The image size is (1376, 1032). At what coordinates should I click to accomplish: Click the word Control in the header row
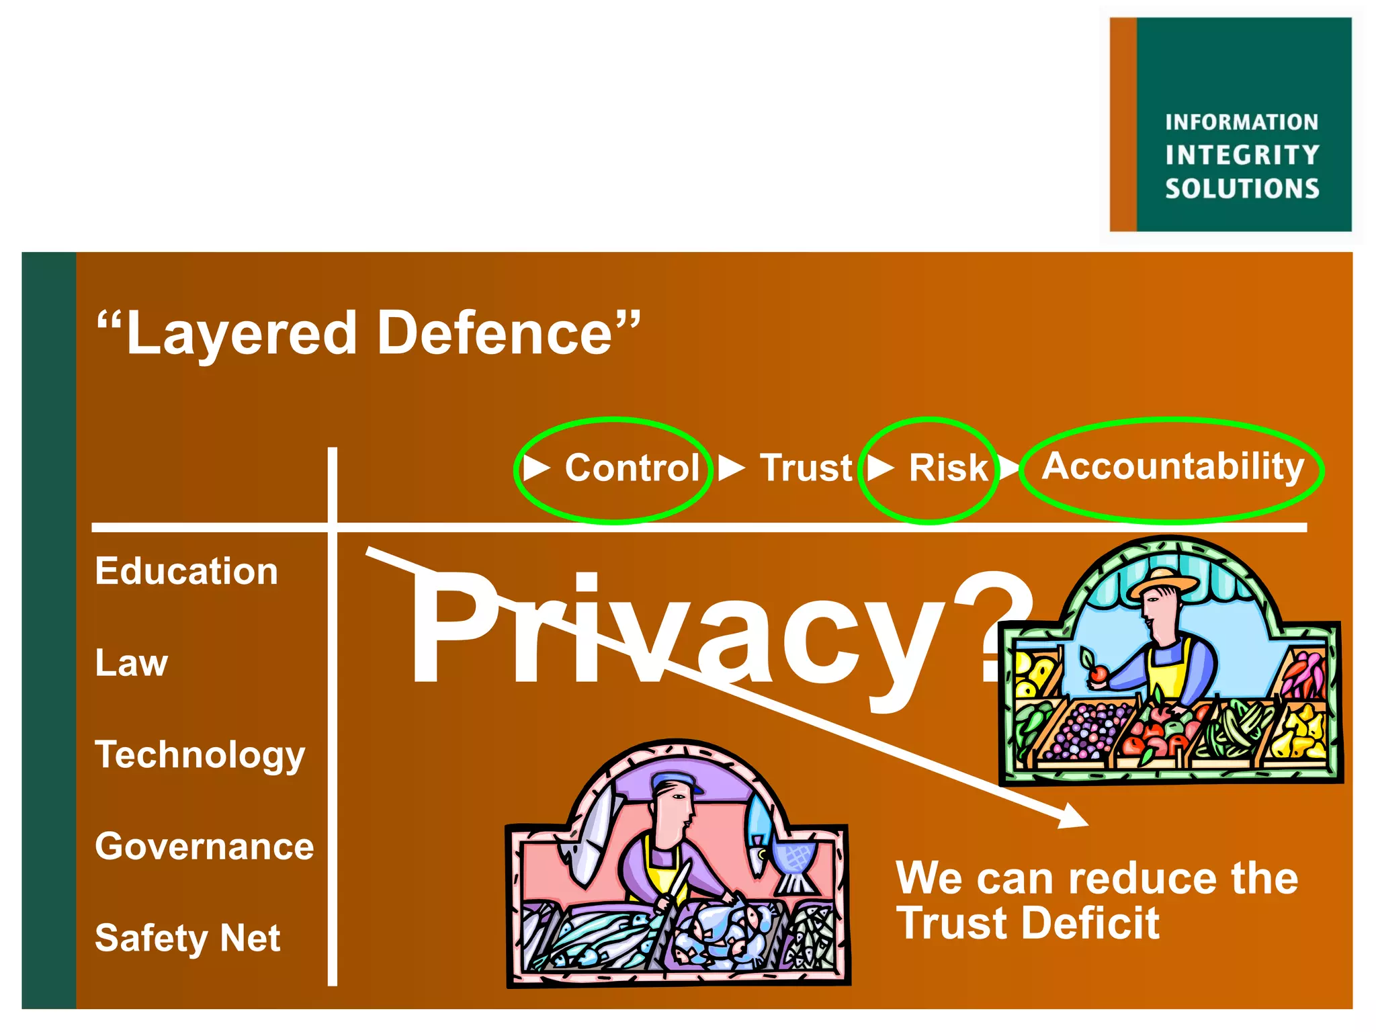(632, 468)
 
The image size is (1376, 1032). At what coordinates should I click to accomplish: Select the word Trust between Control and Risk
(806, 468)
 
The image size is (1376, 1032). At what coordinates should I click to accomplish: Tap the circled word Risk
(948, 468)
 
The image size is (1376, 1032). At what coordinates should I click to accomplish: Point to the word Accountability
(1172, 467)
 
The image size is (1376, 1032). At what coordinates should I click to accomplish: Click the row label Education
(186, 572)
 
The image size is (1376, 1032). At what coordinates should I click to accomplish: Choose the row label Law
(131, 663)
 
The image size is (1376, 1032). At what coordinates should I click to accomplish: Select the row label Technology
(200, 755)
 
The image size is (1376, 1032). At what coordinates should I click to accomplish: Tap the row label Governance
(204, 846)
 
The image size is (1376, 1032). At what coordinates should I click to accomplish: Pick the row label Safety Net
(187, 938)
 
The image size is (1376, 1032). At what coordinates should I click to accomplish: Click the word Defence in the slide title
(494, 333)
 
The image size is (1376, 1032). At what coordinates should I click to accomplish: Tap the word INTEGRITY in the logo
(1242, 155)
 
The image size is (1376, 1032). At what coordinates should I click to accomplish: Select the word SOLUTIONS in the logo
(1242, 189)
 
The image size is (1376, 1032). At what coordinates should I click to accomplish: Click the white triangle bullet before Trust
(731, 468)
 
